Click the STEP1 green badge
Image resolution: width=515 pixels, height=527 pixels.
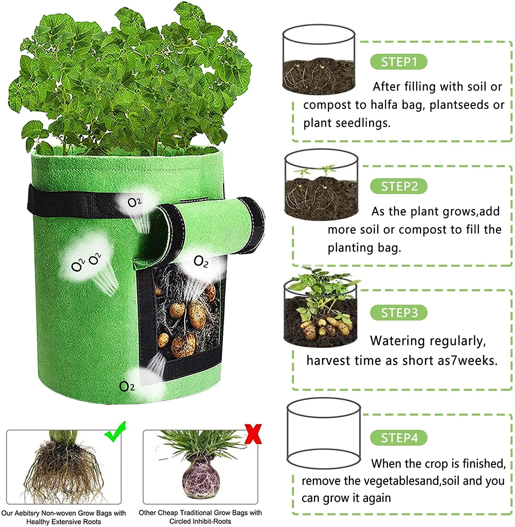click(399, 62)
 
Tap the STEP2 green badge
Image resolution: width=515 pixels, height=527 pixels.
click(399, 186)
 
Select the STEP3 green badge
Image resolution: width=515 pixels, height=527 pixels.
click(399, 313)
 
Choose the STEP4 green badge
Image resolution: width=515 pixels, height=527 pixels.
click(399, 438)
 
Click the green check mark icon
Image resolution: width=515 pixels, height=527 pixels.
click(115, 432)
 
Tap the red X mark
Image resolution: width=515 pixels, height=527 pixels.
click(253, 434)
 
